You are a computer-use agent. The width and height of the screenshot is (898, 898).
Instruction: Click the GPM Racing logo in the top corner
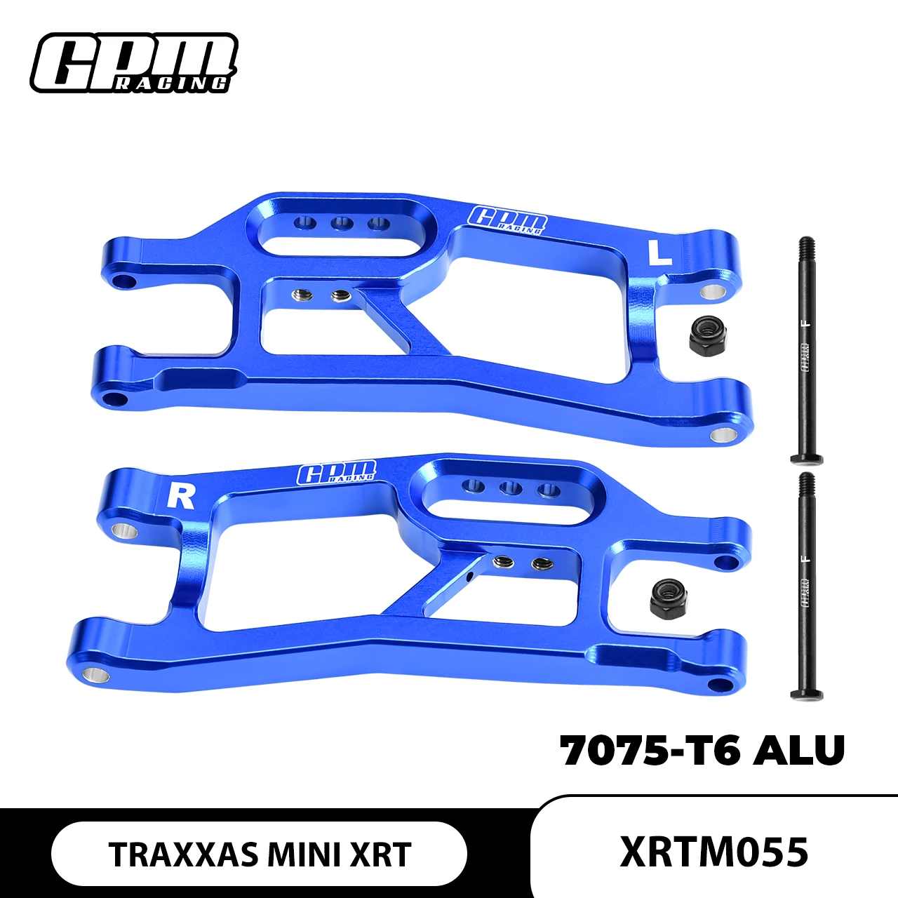click(133, 63)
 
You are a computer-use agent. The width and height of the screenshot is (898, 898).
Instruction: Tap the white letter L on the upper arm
click(659, 253)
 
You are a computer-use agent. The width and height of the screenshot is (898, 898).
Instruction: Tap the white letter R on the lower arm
click(181, 496)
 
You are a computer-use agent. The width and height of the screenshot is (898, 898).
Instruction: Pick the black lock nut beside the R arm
click(668, 598)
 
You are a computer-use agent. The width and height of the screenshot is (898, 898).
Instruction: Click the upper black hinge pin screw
click(806, 351)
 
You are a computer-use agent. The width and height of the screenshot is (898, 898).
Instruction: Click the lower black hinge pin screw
click(806, 586)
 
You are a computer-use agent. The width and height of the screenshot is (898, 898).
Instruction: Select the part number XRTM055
click(714, 852)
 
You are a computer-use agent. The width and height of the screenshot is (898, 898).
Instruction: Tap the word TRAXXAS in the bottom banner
click(184, 855)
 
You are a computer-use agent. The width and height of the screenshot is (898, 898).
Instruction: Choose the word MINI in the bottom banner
click(303, 855)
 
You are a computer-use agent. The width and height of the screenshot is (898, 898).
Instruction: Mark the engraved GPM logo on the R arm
click(337, 474)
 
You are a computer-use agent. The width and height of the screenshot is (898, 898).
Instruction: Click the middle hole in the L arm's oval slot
click(342, 224)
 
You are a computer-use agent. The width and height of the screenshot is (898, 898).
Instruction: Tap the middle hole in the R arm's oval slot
click(510, 488)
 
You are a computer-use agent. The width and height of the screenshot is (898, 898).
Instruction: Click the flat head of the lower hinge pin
click(806, 695)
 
